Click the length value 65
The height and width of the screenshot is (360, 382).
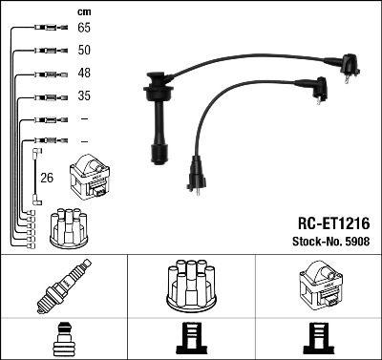(84, 28)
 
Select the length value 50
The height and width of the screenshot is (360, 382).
(84, 50)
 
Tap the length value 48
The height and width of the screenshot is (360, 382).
(84, 73)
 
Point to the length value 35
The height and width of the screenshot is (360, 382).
(84, 95)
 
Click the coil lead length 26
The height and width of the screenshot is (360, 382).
(47, 178)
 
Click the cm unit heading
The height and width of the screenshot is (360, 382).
(84, 12)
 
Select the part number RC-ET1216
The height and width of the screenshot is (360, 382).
(333, 223)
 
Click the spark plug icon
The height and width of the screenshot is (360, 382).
(64, 286)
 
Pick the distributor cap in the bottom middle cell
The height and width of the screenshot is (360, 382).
(192, 286)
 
